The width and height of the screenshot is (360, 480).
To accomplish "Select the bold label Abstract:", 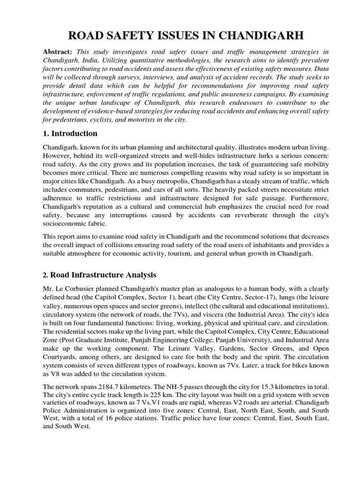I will (x=58, y=52).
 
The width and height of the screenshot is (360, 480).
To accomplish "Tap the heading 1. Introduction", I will (x=70, y=134).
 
